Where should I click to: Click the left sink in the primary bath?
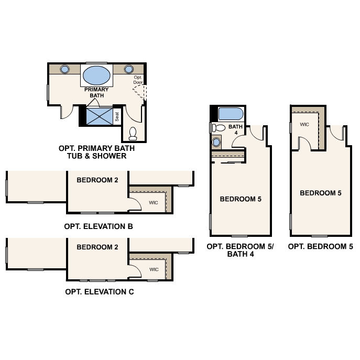pyautogui.click(x=66, y=69)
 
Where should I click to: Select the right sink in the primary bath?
pyautogui.click(x=129, y=69)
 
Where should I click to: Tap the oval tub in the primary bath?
pyautogui.click(x=97, y=75)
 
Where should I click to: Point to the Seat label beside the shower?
pyautogui.click(x=117, y=116)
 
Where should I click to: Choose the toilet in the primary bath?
pyautogui.click(x=133, y=133)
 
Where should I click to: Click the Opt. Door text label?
pyautogui.click(x=138, y=80)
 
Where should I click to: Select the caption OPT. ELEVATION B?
pyautogui.click(x=99, y=227)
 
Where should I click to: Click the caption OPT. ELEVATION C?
pyautogui.click(x=99, y=292)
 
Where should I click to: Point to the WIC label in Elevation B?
pyautogui.click(x=154, y=202)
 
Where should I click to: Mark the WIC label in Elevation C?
pyautogui.click(x=154, y=269)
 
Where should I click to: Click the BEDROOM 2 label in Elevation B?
pyautogui.click(x=97, y=180)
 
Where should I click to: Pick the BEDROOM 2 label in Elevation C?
pyautogui.click(x=97, y=247)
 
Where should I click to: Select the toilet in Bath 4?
pyautogui.click(x=217, y=128)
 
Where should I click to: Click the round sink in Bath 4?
pyautogui.click(x=216, y=142)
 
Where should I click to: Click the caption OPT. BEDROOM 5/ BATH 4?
pyautogui.click(x=240, y=250)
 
